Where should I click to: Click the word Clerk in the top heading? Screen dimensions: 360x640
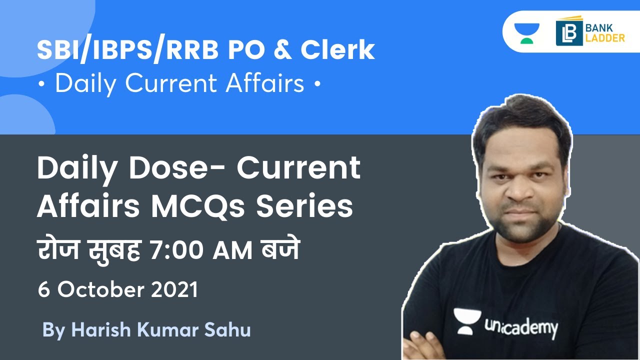[x=337, y=50]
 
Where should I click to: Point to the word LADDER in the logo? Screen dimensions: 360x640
[x=605, y=37]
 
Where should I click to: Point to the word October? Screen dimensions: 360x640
[x=102, y=290]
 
